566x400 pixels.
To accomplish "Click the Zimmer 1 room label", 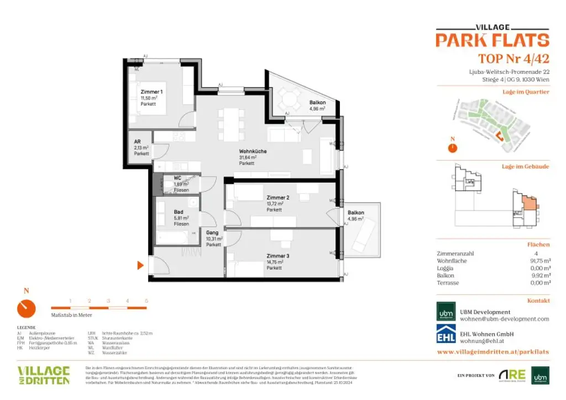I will click(x=151, y=92).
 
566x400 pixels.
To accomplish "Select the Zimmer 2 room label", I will click(x=277, y=198).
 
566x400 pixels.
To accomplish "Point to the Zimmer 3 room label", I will click(x=277, y=256).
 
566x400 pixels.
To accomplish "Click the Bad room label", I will click(x=178, y=212).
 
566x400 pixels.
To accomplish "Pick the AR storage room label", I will click(x=138, y=141).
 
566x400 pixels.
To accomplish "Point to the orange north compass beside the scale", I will click(x=26, y=308).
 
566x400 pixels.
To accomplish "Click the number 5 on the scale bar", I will click(x=146, y=301).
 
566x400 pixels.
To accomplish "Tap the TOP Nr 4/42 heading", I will click(x=513, y=59).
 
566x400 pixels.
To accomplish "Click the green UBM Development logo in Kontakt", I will click(x=446, y=312).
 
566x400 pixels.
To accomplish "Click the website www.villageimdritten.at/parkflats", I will click(x=493, y=351).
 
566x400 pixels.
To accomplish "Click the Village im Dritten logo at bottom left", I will click(x=44, y=375).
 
